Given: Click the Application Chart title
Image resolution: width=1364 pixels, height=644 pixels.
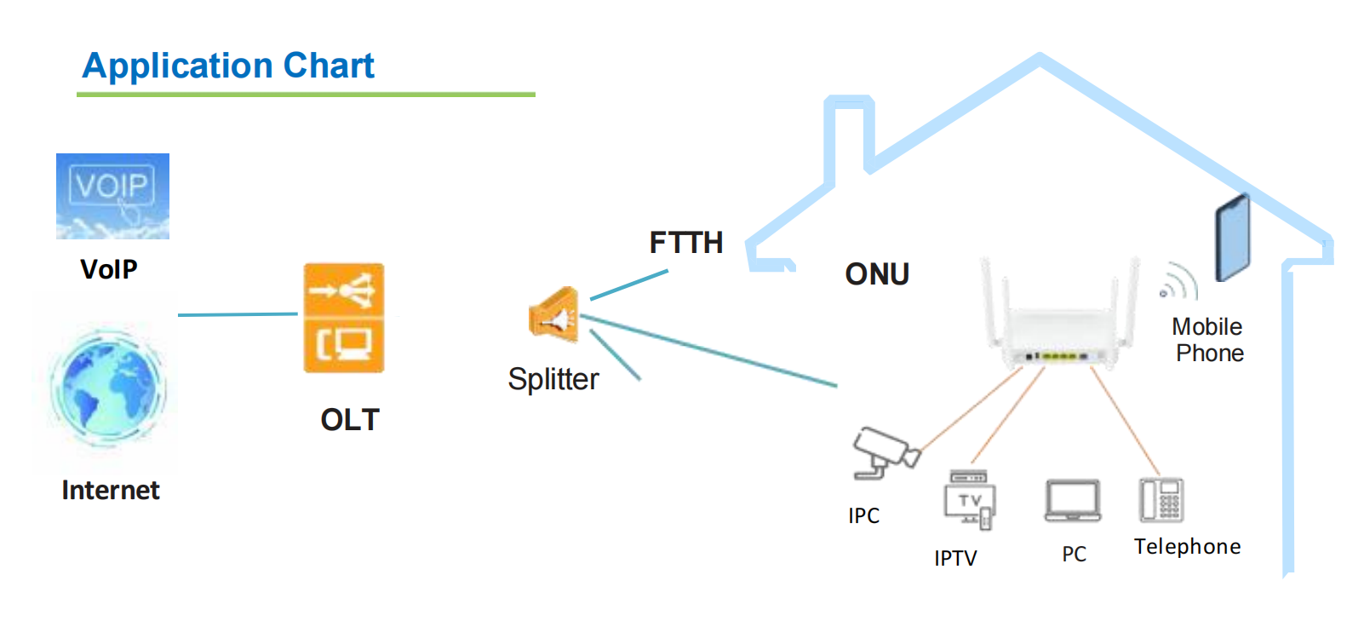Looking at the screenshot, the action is click(x=227, y=66).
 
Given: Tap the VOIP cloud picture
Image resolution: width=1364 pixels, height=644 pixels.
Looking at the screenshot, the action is click(x=112, y=196).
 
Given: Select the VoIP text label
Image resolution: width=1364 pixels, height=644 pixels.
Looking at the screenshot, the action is click(x=109, y=269).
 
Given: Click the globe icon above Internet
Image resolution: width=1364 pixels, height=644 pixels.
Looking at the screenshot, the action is click(x=108, y=387).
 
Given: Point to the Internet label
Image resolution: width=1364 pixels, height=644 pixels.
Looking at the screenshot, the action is click(x=111, y=491).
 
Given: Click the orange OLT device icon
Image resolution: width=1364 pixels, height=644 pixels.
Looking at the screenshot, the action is click(x=344, y=318).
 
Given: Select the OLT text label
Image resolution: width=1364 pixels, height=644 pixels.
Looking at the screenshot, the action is click(x=350, y=420).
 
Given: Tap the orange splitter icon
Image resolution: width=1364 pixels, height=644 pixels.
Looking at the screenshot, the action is click(x=554, y=315).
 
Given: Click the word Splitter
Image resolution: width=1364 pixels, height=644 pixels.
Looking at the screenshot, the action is click(x=553, y=380).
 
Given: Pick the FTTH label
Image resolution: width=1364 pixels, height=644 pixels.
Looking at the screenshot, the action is click(x=686, y=243).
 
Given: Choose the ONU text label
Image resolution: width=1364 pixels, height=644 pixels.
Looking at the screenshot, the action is click(x=877, y=274).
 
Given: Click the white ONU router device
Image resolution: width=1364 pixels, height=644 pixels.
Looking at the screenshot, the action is click(x=1059, y=317).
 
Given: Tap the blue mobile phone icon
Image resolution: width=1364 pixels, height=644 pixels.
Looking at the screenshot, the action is click(x=1233, y=239).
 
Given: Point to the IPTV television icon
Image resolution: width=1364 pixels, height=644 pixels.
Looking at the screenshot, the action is click(x=970, y=500).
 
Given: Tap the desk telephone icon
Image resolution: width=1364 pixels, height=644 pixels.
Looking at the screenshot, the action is click(x=1161, y=500).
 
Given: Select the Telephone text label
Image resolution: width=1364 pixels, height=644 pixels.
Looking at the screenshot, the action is click(x=1188, y=547).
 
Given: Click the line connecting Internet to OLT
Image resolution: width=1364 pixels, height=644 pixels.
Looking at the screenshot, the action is click(x=238, y=314).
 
